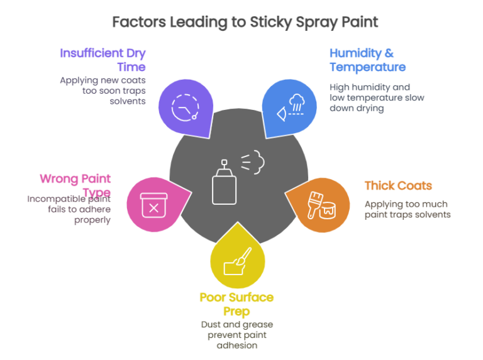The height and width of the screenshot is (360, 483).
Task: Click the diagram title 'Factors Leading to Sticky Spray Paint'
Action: click(245, 23)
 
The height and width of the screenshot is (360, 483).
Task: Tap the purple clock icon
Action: click(185, 107)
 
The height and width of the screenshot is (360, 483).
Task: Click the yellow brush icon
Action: click(238, 259)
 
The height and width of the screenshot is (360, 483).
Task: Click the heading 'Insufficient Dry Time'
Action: click(103, 60)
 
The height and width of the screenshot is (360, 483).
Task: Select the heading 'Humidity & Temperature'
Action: click(367, 60)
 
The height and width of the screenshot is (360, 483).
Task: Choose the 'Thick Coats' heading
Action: click(398, 186)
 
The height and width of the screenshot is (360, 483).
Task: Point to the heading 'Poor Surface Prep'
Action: click(236, 303)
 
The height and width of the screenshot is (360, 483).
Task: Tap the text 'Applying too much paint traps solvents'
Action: click(408, 209)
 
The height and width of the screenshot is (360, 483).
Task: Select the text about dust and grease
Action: click(236, 335)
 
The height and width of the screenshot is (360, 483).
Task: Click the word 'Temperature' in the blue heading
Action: click(367, 67)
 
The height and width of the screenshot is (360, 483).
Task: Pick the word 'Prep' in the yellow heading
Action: click(236, 311)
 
